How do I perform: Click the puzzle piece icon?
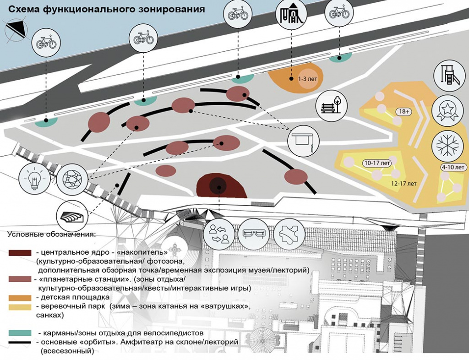[x=289, y=234]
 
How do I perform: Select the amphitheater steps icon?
[x=72, y=214]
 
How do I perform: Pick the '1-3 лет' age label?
[x=307, y=79]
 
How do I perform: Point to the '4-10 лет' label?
[x=453, y=167]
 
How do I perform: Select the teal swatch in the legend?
[x=20, y=333]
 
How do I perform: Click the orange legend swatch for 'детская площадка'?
[x=20, y=298]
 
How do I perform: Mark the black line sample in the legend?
[x=20, y=342]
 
